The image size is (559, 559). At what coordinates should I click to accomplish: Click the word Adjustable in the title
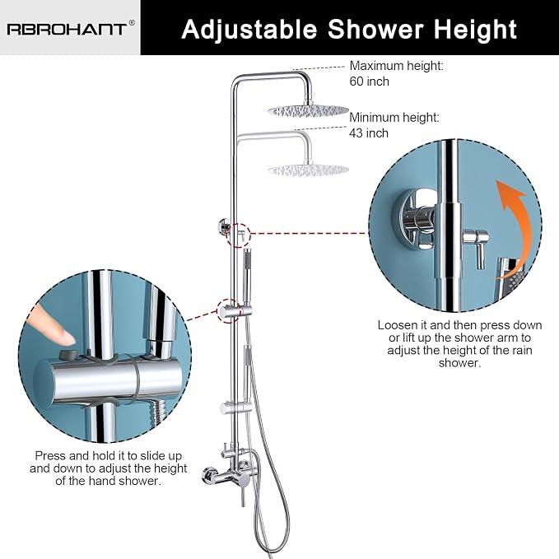point(249,30)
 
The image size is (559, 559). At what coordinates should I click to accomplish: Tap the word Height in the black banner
point(475,30)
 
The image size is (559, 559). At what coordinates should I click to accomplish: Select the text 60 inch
point(369,82)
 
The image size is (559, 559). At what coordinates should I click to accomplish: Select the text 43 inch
point(369,133)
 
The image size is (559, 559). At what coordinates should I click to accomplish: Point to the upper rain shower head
point(309,110)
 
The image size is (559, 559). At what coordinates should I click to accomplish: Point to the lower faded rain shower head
point(309,170)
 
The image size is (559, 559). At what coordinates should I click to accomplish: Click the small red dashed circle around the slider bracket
point(229,310)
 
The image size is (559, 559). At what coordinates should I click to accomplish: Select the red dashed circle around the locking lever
point(239,235)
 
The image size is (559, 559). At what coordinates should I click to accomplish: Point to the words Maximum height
point(397,66)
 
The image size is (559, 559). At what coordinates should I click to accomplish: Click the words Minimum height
point(394,117)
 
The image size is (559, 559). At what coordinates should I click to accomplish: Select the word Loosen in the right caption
point(397,325)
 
